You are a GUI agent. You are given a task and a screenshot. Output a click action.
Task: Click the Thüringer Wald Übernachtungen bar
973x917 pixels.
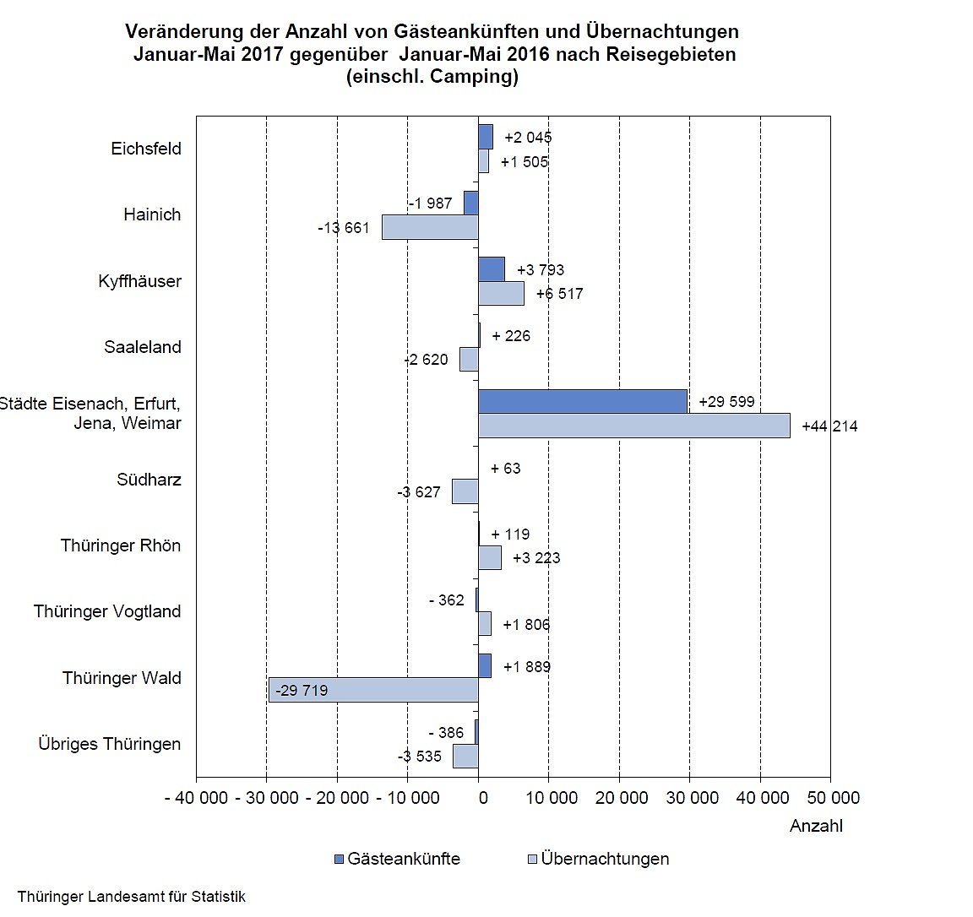(x=373, y=690)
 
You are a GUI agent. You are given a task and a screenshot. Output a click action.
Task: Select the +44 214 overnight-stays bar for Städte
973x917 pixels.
(x=633, y=426)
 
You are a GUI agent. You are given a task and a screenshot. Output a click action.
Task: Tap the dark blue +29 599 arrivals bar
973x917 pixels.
(x=582, y=402)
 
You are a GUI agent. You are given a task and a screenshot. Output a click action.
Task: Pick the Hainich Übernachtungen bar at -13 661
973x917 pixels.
(x=430, y=227)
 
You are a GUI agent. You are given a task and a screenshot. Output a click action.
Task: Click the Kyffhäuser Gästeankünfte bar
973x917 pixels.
(x=492, y=269)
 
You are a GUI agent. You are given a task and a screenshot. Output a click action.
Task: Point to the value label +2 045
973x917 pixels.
(x=528, y=138)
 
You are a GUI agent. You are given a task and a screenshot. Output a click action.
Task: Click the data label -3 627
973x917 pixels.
(x=419, y=492)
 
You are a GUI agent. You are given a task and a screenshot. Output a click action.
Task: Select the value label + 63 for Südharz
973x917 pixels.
(x=506, y=469)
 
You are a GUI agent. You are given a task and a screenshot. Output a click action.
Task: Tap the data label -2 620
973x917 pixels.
(x=426, y=360)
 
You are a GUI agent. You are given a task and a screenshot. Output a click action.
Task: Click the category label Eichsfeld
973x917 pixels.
(x=146, y=149)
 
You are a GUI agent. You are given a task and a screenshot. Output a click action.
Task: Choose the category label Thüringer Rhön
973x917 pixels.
(x=121, y=545)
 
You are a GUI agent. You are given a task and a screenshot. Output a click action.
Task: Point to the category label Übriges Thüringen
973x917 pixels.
(x=110, y=744)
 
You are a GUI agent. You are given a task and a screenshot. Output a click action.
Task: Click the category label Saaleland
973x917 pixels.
(x=143, y=347)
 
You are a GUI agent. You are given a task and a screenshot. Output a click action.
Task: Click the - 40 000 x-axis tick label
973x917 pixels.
(x=196, y=798)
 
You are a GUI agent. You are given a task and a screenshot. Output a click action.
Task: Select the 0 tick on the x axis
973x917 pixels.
(x=481, y=798)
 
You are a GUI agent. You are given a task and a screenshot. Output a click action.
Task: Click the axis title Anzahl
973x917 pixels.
(x=816, y=826)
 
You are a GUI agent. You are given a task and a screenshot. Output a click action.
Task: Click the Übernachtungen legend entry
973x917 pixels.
(x=598, y=859)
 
